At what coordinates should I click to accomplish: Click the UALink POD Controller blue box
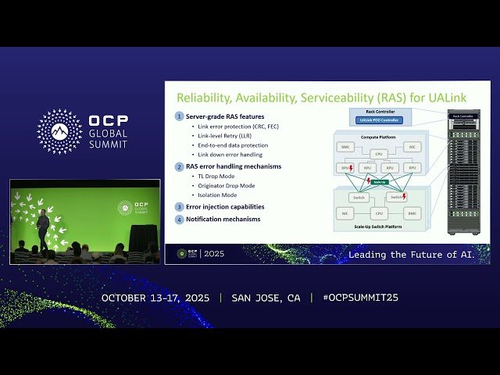(378, 120)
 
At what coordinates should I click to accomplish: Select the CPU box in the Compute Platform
(379, 154)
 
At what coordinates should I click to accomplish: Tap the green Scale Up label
(379, 182)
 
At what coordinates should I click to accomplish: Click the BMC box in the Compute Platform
(347, 147)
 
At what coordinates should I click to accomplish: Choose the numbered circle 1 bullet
(179, 116)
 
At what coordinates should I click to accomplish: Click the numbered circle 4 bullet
(179, 220)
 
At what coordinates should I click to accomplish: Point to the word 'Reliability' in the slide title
(202, 98)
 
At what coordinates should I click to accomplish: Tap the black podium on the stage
(141, 237)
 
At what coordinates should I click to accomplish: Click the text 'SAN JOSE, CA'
(266, 298)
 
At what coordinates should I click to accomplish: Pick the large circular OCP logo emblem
(59, 131)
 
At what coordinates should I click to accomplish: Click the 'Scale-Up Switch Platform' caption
(379, 227)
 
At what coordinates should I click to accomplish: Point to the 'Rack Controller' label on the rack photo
(462, 116)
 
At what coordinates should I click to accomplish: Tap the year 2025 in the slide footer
(213, 254)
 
